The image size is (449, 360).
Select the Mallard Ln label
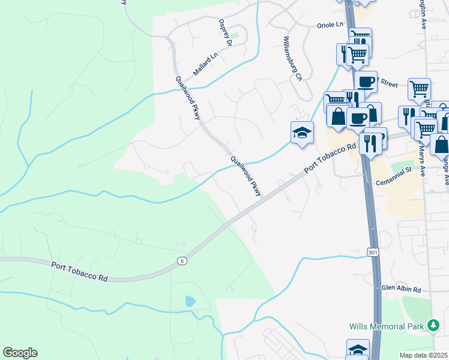pyautogui.click(x=205, y=63)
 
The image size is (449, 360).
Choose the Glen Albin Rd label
pyautogui.click(x=402, y=289)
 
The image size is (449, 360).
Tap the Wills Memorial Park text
pyautogui.click(x=388, y=326)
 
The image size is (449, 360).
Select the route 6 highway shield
pyautogui.click(x=181, y=260)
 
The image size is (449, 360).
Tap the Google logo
pyautogui.click(x=20, y=353)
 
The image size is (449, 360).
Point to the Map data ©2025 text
pyautogui.click(x=424, y=355)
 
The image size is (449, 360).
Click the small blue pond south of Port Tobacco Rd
pyautogui.click(x=190, y=301)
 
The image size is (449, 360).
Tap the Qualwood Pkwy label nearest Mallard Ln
pyautogui.click(x=188, y=98)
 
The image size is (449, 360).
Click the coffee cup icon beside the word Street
pyautogui.click(x=365, y=81)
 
